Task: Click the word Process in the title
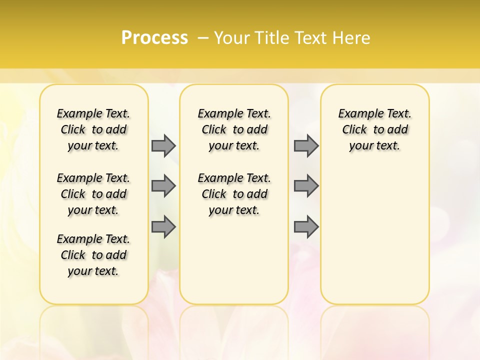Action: [x=154, y=37]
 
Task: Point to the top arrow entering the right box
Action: [x=306, y=145]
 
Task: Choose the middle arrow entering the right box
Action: [x=306, y=186]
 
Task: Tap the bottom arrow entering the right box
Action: [x=306, y=227]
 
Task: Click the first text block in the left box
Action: [x=93, y=129]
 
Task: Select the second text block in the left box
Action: [x=93, y=194]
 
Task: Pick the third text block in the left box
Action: [x=93, y=255]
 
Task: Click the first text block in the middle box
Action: [x=234, y=129]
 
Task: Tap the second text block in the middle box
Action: [x=234, y=194]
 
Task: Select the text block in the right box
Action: [x=375, y=129]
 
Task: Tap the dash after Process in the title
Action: [x=202, y=37]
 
